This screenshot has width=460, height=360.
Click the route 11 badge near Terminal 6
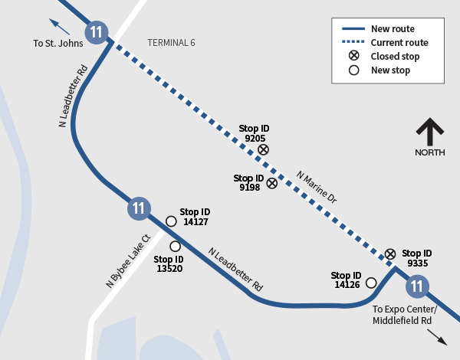pyautogui.click(x=96, y=32)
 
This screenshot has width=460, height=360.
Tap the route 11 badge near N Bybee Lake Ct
pyautogui.click(x=138, y=208)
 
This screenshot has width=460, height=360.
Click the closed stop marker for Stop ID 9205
pyautogui.click(x=263, y=149)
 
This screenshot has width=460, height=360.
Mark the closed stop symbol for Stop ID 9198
pyautogui.click(x=271, y=183)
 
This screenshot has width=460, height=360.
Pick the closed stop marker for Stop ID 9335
pyautogui.click(x=390, y=254)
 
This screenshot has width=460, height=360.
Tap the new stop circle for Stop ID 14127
pyautogui.click(x=170, y=221)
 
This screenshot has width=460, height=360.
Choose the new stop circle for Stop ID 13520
pyautogui.click(x=175, y=246)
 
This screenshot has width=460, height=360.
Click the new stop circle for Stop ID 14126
pyautogui.click(x=371, y=283)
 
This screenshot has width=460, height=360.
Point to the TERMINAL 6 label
pyautogui.click(x=171, y=43)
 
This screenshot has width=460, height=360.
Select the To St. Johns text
pyautogui.click(x=58, y=44)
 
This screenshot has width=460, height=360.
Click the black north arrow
pyautogui.click(x=429, y=131)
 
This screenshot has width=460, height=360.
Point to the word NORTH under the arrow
pyautogui.click(x=429, y=152)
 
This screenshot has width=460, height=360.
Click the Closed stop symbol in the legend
pyautogui.click(x=353, y=56)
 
